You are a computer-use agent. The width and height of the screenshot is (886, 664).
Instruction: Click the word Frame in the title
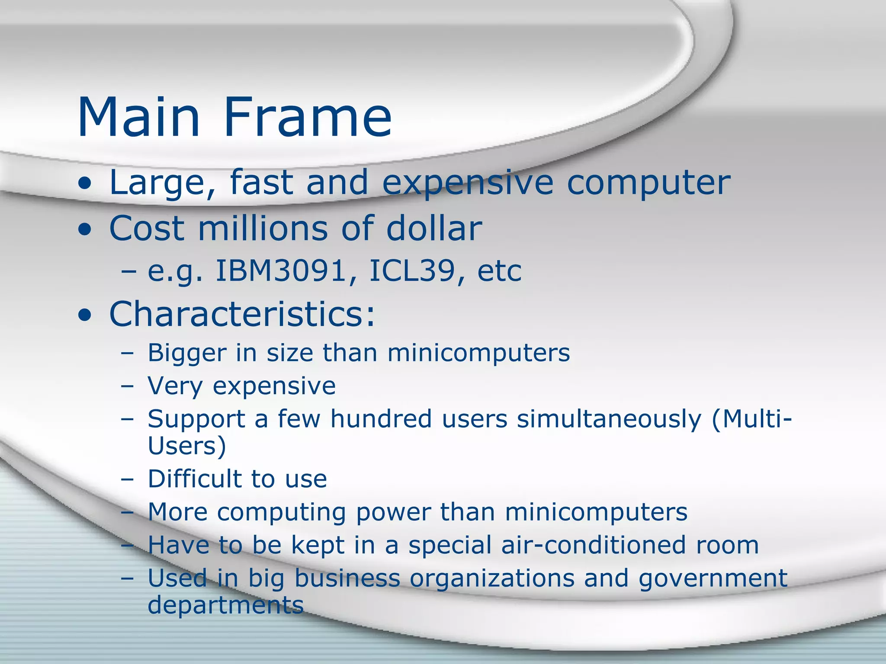pos(308,118)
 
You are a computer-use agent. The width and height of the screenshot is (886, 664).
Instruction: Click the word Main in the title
pos(138,118)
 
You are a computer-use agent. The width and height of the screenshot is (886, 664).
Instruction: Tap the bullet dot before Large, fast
pos(85,185)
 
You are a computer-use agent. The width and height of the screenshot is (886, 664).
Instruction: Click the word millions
pos(263,228)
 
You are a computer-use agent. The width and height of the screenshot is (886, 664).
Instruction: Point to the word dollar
pos(434,228)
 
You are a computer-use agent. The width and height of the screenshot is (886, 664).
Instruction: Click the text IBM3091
pos(286,271)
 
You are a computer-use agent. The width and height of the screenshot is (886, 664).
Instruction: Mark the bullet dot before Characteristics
pos(85,316)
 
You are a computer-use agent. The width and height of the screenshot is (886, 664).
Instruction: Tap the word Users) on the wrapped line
pos(187,446)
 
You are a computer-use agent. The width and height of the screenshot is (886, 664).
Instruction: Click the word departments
pos(225,605)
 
